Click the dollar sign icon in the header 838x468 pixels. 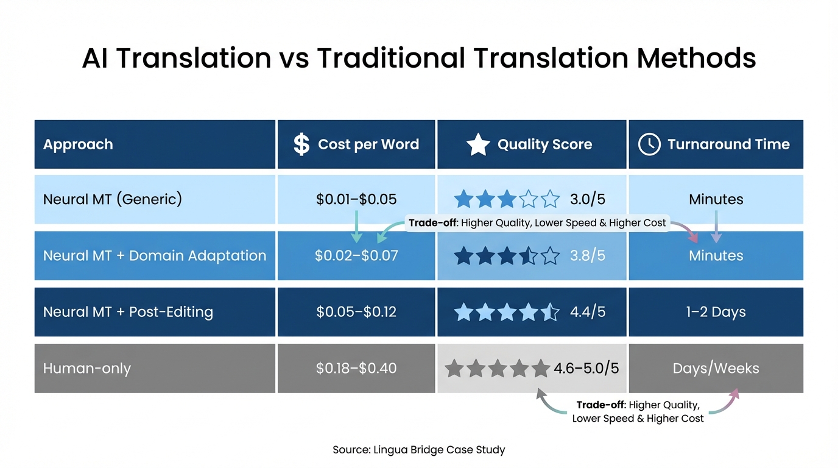click(x=301, y=144)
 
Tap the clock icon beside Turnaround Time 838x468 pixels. click(x=649, y=144)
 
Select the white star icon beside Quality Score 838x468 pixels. click(x=478, y=145)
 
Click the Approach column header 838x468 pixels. click(x=78, y=144)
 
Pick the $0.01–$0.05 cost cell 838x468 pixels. click(x=356, y=199)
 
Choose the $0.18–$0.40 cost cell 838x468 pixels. click(x=356, y=368)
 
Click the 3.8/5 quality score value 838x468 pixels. click(x=588, y=255)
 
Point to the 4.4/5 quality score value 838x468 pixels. click(x=588, y=312)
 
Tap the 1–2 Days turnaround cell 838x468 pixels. click(x=716, y=312)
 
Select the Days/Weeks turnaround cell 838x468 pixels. click(x=716, y=368)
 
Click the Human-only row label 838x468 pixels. click(x=87, y=368)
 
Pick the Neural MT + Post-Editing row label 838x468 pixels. click(x=128, y=312)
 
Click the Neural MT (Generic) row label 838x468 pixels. click(x=113, y=199)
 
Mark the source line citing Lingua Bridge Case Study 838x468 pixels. click(x=418, y=450)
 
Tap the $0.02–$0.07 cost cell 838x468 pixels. click(x=356, y=255)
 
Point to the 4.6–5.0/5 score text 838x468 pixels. click(x=586, y=368)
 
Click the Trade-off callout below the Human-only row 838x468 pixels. click(x=638, y=411)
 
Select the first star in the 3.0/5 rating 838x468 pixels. click(x=463, y=199)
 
